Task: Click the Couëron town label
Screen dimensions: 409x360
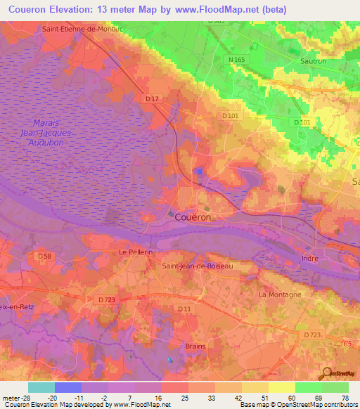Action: click(x=192, y=218)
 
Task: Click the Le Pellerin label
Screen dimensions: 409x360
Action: click(x=136, y=251)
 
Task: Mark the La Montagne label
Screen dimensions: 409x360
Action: click(x=280, y=294)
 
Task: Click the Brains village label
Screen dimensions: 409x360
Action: click(x=195, y=346)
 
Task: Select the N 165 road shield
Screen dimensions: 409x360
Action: click(x=236, y=61)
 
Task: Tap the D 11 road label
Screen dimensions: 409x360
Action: click(x=184, y=309)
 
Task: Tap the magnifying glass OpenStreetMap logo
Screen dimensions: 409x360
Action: click(x=326, y=373)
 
